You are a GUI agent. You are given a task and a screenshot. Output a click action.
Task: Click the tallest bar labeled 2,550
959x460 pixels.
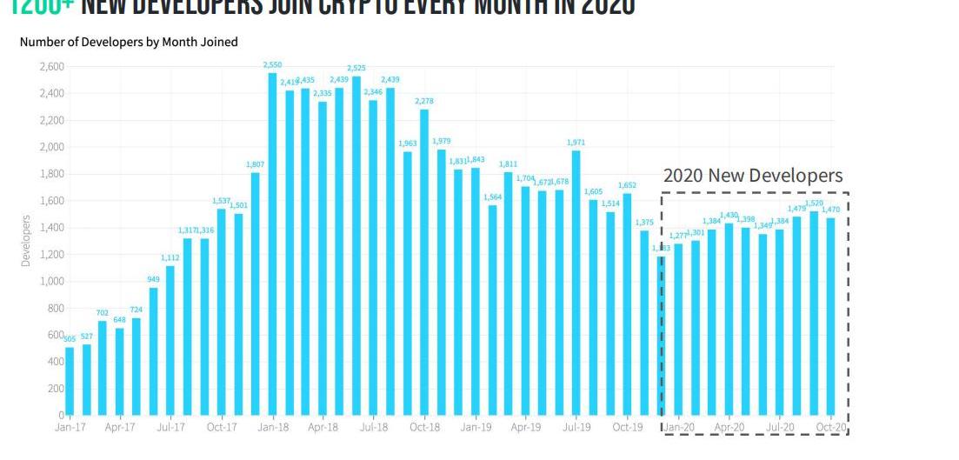[x=272, y=243]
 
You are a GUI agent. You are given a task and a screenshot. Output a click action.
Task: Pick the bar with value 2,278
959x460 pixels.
[x=424, y=262]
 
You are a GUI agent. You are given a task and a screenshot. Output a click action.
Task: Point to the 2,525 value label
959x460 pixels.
[x=356, y=68]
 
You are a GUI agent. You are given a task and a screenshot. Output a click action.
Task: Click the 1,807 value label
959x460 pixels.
[x=256, y=164]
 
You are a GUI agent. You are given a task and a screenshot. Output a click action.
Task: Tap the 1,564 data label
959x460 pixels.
[x=492, y=197]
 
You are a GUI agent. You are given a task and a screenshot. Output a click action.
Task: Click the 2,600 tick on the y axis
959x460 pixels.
[x=51, y=66]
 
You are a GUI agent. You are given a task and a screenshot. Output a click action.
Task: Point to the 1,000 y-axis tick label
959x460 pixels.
[x=51, y=281]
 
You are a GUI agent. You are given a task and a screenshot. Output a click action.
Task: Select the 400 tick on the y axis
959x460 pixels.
[x=55, y=362]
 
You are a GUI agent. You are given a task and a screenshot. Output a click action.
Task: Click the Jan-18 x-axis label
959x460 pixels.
[x=273, y=428]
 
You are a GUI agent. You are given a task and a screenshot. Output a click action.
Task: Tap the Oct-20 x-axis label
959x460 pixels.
[x=830, y=428]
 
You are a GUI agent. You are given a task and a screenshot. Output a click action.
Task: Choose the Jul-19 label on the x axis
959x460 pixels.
[x=576, y=428]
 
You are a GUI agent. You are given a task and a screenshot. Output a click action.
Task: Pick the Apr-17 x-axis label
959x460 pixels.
[x=120, y=428]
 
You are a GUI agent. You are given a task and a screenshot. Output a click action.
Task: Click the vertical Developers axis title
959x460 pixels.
[x=25, y=241]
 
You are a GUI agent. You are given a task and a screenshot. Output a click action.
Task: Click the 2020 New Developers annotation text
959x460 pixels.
[x=753, y=176]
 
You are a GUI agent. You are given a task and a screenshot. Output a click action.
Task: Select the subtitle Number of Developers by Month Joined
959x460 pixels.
[x=129, y=42]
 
